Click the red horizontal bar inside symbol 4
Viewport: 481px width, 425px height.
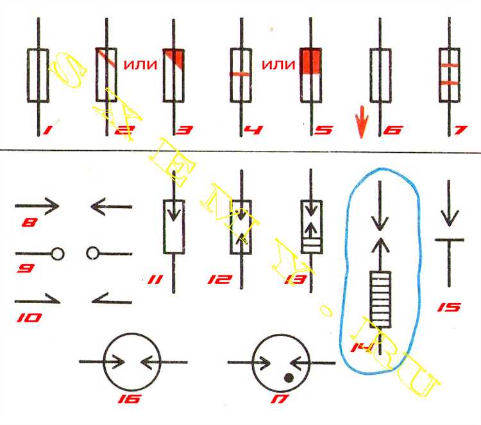pos(240,74)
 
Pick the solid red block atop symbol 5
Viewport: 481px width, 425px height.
pos(310,60)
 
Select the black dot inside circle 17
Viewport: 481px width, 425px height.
pos(289,377)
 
